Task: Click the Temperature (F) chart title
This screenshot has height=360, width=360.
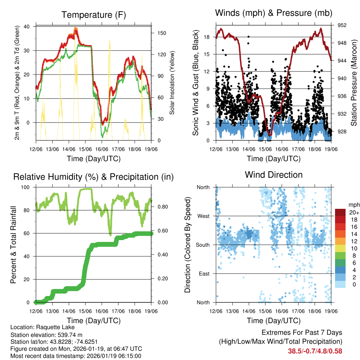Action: tap(94, 15)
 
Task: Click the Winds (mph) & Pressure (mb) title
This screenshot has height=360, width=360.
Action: tap(274, 13)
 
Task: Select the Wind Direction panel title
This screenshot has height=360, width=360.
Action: tap(274, 174)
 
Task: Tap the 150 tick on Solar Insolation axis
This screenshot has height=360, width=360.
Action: tap(157, 33)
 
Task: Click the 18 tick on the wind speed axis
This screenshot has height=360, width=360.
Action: tap(207, 37)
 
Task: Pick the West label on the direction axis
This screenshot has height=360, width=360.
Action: tap(203, 216)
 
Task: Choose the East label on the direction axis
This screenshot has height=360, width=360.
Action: tap(204, 274)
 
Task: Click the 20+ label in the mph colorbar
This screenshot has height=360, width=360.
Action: tap(352, 212)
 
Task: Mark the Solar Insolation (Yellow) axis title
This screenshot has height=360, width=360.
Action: tap(172, 83)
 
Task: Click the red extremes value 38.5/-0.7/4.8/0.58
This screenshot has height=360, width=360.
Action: tap(315, 351)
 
